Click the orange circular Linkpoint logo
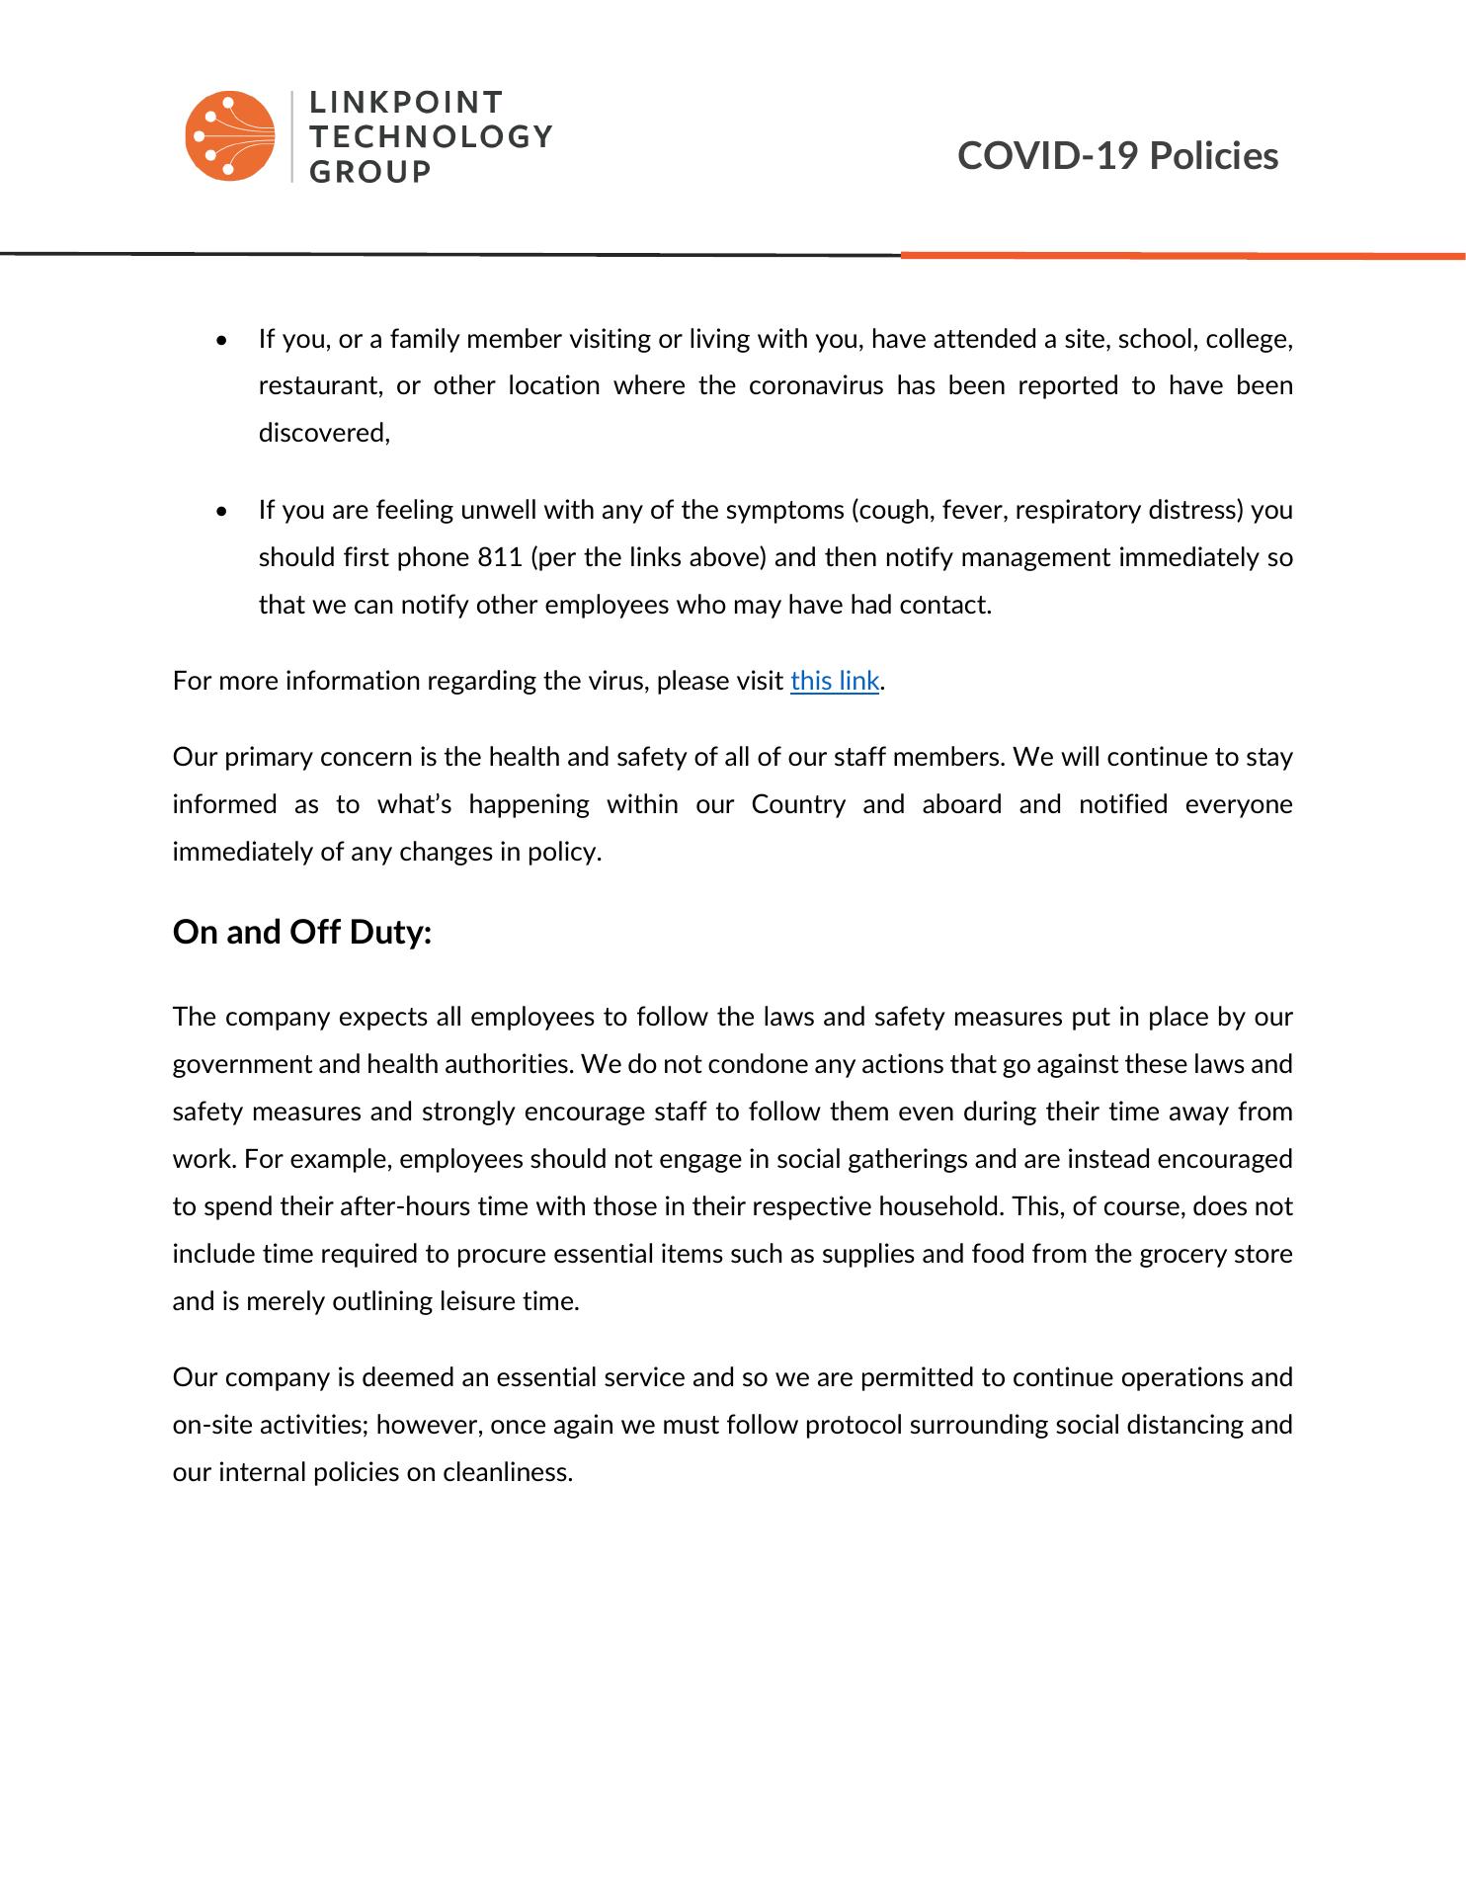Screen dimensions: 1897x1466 tap(229, 136)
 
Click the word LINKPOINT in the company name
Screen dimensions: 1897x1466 tap(406, 103)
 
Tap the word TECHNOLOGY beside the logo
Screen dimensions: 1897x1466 tap(431, 136)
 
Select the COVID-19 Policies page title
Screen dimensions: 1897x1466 tap(1117, 156)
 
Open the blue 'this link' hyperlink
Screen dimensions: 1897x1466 tap(834, 682)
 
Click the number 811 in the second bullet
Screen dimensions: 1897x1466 tap(499, 558)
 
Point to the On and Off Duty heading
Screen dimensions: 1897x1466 tap(302, 933)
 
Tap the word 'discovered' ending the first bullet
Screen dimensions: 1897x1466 tap(322, 434)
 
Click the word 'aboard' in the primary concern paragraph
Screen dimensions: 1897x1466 tap(962, 805)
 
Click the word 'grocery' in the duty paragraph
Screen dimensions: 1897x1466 tap(1182, 1255)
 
